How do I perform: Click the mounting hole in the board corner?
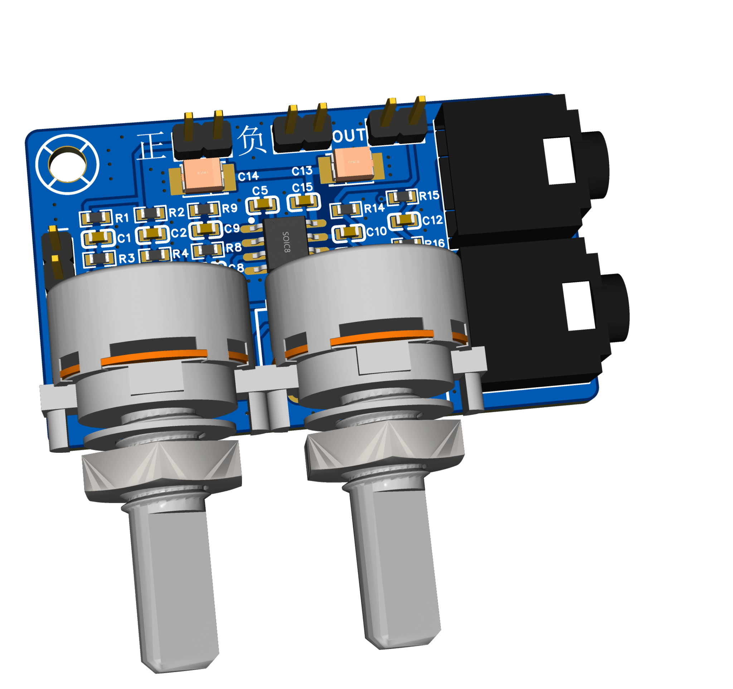coord(67,164)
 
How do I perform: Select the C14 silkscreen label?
coord(248,176)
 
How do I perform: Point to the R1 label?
coord(122,218)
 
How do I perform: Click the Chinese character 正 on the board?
coord(151,146)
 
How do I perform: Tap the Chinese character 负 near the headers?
coord(251,140)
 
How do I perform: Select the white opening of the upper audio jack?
coord(559,160)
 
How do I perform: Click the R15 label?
coord(429,196)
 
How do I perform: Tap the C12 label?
coord(432,220)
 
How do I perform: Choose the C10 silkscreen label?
coord(376,232)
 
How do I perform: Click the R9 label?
coord(229,208)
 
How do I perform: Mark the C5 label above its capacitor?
coord(260,190)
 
